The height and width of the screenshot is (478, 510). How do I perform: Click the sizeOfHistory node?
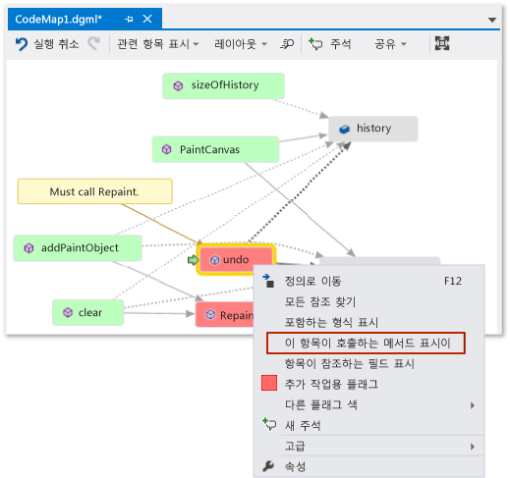pos(223,85)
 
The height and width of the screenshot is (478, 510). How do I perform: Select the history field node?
pos(373,129)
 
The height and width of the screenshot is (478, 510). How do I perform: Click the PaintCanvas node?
pos(215,149)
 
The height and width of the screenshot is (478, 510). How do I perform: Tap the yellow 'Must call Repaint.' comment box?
pos(95,191)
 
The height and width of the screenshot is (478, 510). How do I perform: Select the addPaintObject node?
pos(78,248)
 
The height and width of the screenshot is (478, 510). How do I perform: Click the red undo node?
pos(236,259)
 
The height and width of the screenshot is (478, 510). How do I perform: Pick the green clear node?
pos(88,312)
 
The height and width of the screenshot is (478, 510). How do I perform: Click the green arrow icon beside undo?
pos(194,260)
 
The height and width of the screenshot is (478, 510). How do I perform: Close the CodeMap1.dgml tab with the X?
pos(147,19)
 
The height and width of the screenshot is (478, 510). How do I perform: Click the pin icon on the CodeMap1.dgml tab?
pos(129,20)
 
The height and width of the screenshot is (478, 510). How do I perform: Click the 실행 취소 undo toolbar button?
pos(47,44)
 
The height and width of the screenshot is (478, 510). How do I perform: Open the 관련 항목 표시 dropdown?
pos(158,44)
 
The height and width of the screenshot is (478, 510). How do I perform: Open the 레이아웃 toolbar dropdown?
pos(241,44)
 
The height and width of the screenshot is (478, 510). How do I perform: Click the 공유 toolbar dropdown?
pos(390,44)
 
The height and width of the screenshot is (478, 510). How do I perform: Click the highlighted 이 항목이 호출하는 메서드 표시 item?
pos(366,344)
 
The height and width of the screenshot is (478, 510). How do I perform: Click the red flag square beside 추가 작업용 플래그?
pos(269,383)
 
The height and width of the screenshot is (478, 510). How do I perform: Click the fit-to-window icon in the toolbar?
pos(442,43)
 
